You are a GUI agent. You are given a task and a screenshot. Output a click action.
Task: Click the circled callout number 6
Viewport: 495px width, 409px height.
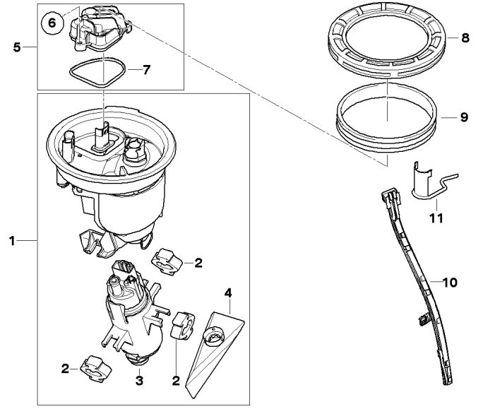[x=52, y=23]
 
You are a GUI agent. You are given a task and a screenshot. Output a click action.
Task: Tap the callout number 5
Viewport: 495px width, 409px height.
[x=17, y=47]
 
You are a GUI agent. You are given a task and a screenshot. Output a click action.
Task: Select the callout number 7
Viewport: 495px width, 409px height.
[x=146, y=70]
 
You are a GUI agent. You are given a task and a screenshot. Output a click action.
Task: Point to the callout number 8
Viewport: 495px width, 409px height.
[x=465, y=38]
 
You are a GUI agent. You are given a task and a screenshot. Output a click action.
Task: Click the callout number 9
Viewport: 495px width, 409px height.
[x=464, y=117]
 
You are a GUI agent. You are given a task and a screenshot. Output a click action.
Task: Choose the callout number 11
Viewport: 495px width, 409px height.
[x=436, y=218]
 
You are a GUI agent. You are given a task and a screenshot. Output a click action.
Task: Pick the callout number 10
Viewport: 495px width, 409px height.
[x=450, y=283]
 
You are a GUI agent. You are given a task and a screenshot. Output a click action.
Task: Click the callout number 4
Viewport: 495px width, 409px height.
[x=228, y=293]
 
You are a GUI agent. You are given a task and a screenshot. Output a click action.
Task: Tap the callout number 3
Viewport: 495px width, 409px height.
[x=139, y=381]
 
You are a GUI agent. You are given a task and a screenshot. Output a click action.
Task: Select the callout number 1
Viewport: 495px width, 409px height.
[x=12, y=242]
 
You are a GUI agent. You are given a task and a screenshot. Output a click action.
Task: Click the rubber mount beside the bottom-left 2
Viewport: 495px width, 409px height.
[x=96, y=369]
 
